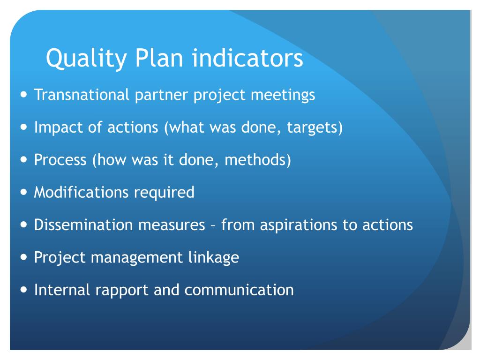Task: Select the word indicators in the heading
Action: click(x=248, y=59)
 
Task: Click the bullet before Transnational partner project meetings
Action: click(x=24, y=95)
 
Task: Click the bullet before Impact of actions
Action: click(x=24, y=127)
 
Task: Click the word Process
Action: click(x=60, y=160)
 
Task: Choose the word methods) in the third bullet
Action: click(x=258, y=160)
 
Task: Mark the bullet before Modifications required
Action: click(x=24, y=192)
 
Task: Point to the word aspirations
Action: click(x=300, y=225)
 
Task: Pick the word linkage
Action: click(x=216, y=257)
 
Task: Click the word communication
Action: click(x=239, y=290)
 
